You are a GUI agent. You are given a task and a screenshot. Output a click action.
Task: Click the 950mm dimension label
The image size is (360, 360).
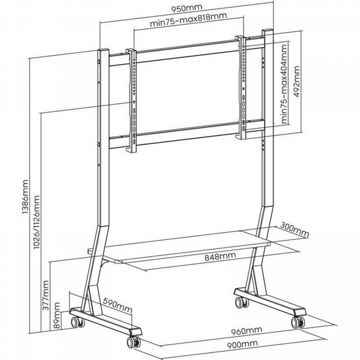(187, 8)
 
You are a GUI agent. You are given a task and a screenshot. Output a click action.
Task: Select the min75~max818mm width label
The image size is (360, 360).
(188, 19)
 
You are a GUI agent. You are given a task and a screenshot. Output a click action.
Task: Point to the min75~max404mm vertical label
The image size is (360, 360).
(284, 84)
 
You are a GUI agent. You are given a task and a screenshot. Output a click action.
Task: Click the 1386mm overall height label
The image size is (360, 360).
(25, 197)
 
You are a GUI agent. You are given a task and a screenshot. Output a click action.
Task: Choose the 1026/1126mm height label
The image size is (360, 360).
(37, 222)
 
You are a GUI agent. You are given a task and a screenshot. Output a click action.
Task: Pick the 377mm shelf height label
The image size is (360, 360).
(46, 295)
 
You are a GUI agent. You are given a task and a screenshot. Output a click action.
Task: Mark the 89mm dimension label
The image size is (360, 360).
(57, 315)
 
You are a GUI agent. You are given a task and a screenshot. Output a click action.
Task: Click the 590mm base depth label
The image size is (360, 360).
(118, 305)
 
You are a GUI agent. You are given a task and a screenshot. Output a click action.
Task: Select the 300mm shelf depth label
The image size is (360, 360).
(295, 230)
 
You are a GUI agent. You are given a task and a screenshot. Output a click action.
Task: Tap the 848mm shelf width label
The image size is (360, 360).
(220, 256)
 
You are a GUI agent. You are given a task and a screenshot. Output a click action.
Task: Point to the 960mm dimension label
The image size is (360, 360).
(247, 331)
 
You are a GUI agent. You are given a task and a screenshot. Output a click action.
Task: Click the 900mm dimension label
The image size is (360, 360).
(242, 344)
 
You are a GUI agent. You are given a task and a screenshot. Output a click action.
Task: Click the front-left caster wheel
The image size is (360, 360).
(133, 342)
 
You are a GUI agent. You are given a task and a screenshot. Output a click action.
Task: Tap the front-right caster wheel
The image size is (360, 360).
(298, 322)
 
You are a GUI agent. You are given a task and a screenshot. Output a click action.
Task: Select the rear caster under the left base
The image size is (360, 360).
(77, 322)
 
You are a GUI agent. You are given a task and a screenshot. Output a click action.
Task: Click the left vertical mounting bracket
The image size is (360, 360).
(131, 101)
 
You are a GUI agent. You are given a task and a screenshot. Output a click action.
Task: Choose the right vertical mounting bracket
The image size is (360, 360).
(241, 87)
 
